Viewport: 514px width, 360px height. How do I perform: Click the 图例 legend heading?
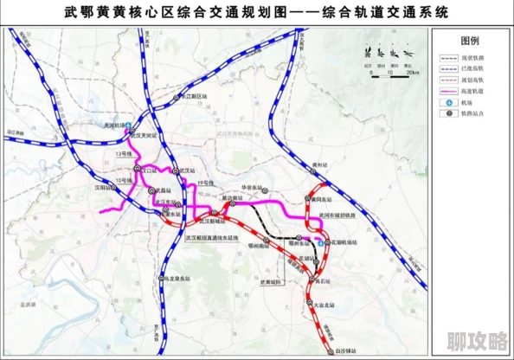[x=470, y=40]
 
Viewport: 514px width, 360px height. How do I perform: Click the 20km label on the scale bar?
[x=414, y=74]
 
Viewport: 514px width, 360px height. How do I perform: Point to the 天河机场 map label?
[x=113, y=125]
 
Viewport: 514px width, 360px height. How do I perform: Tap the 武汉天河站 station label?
[x=144, y=135]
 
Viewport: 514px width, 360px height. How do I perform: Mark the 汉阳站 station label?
[x=104, y=186]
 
